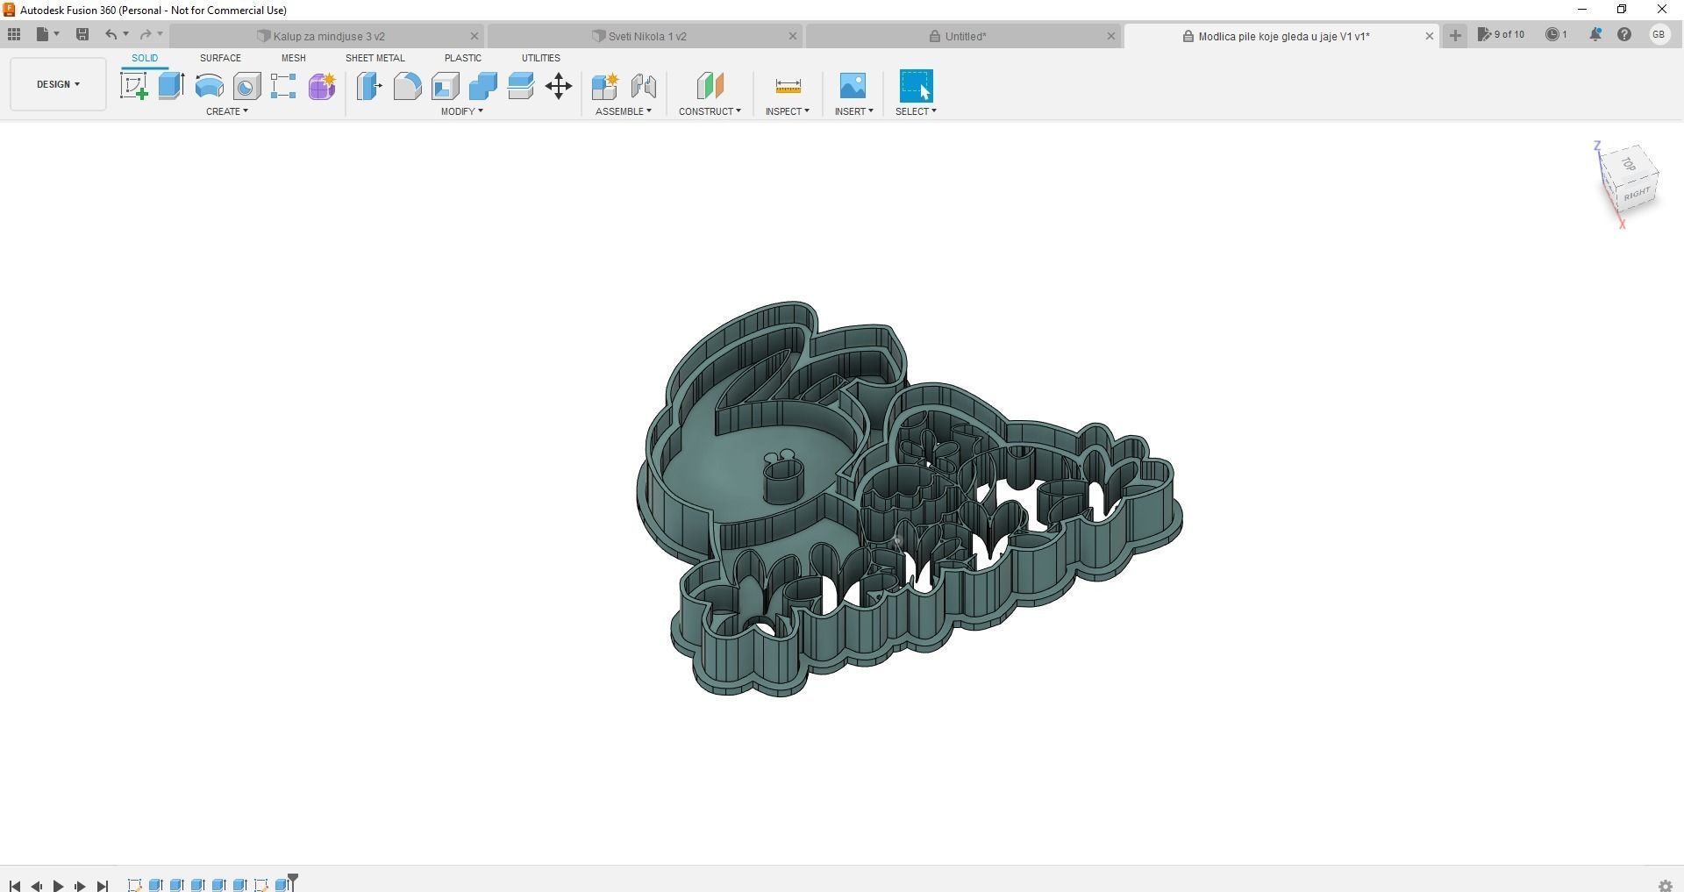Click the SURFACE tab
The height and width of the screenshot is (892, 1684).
click(220, 58)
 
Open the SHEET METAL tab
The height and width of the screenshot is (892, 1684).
click(375, 58)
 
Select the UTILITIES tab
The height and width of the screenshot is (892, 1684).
click(540, 58)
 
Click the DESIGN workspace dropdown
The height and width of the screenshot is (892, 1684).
click(58, 84)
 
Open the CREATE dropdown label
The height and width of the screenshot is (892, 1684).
click(226, 111)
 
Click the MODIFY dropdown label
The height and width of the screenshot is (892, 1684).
click(461, 111)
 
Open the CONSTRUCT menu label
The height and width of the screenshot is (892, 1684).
click(709, 111)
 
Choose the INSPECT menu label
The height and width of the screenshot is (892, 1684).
click(787, 111)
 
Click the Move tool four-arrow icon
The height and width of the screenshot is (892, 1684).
click(559, 86)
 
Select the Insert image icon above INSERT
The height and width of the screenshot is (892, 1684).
click(853, 86)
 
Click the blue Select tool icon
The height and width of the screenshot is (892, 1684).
click(916, 86)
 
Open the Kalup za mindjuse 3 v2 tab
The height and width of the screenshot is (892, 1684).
click(328, 36)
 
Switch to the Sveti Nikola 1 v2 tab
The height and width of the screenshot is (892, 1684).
click(646, 36)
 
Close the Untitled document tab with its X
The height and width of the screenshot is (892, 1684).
click(1110, 36)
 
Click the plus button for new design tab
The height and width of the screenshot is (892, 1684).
click(1455, 35)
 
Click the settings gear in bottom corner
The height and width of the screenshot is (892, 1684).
click(1665, 886)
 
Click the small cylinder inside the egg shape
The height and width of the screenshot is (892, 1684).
click(783, 482)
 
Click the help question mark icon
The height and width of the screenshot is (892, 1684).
click(1624, 35)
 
